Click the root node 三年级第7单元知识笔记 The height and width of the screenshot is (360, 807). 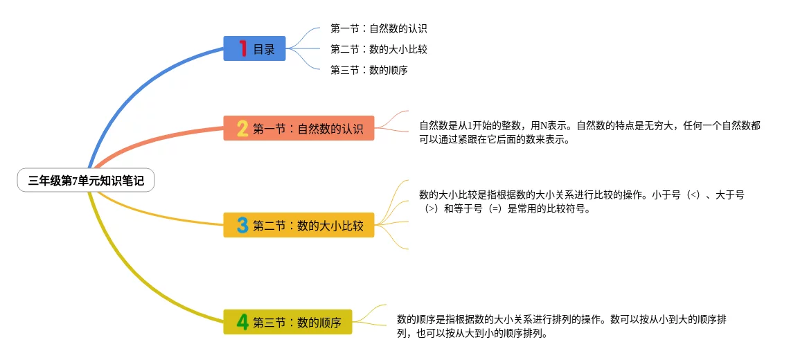[x=86, y=181]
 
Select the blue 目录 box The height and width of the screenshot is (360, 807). [x=254, y=48]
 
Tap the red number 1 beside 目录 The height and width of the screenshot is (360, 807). [x=242, y=48]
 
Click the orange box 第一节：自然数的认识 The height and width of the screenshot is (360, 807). [x=299, y=128]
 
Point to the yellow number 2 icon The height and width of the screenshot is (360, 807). [x=242, y=128]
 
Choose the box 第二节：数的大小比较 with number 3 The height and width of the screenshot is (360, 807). [x=299, y=225]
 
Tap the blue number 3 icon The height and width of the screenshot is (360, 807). [x=242, y=225]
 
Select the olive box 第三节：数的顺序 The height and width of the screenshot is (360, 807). [x=287, y=322]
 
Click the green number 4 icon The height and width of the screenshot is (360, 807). [x=242, y=322]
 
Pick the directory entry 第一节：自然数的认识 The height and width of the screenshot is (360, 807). [x=378, y=29]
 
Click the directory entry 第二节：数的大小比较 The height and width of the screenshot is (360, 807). [x=378, y=49]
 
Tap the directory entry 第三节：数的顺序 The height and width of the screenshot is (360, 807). [x=369, y=69]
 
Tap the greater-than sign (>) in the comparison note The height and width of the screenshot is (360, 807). [x=431, y=208]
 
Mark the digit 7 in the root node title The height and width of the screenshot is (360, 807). [x=74, y=181]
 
